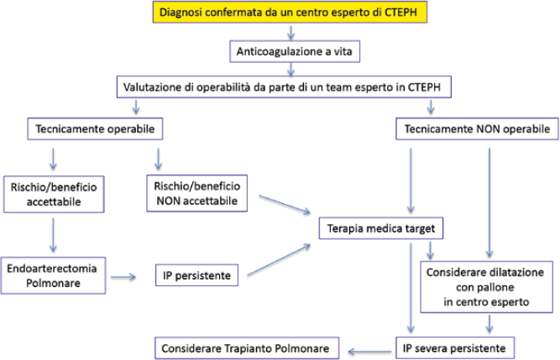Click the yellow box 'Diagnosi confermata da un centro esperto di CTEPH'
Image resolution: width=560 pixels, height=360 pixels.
click(x=290, y=12)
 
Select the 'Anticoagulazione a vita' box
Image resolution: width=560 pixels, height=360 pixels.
click(x=295, y=51)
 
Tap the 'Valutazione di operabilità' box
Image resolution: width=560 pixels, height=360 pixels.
click(x=284, y=86)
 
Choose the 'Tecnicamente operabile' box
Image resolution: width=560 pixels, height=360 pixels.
click(x=95, y=128)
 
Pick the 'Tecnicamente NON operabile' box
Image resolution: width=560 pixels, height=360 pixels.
click(x=477, y=128)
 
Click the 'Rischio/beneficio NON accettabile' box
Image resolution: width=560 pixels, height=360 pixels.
click(x=196, y=193)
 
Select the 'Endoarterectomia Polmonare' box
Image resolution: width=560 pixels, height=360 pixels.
click(x=53, y=275)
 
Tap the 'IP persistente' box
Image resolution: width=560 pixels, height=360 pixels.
click(x=196, y=275)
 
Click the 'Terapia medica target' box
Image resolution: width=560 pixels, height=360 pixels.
click(x=381, y=228)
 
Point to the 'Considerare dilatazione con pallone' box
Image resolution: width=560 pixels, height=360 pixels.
click(x=486, y=287)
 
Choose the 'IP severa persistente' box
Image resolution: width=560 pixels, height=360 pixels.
click(x=455, y=348)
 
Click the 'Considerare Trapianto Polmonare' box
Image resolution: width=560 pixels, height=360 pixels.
click(x=247, y=348)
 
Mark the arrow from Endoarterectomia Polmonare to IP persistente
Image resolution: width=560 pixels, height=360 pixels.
click(x=123, y=277)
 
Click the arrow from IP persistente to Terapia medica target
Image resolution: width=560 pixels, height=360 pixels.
click(x=279, y=260)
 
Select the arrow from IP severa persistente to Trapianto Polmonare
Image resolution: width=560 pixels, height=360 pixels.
click(x=369, y=352)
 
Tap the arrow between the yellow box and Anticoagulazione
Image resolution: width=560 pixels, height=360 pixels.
click(x=291, y=32)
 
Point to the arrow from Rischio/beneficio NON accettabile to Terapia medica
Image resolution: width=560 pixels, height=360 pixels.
click(x=285, y=205)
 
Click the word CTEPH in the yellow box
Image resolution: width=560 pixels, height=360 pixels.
click(x=400, y=12)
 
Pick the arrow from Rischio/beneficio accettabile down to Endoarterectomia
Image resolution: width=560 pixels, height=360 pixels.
click(x=53, y=235)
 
